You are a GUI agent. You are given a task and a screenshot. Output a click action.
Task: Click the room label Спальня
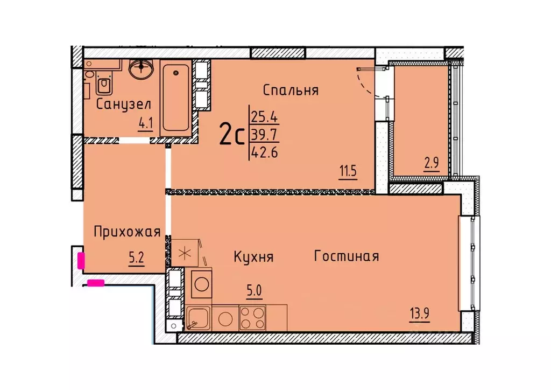pyautogui.click(x=291, y=90)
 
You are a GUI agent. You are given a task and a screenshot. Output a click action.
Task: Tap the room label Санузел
pyautogui.click(x=123, y=104)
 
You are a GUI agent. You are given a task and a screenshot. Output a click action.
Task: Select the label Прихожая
pyautogui.click(x=127, y=232)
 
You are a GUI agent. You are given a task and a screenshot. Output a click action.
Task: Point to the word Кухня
pyautogui.click(x=253, y=257)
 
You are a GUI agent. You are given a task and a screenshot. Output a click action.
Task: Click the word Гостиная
pyautogui.click(x=347, y=256)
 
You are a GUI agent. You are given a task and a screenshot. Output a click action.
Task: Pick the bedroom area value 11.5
pyautogui.click(x=348, y=173)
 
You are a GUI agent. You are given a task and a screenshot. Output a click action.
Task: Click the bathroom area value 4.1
pyautogui.click(x=146, y=124)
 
